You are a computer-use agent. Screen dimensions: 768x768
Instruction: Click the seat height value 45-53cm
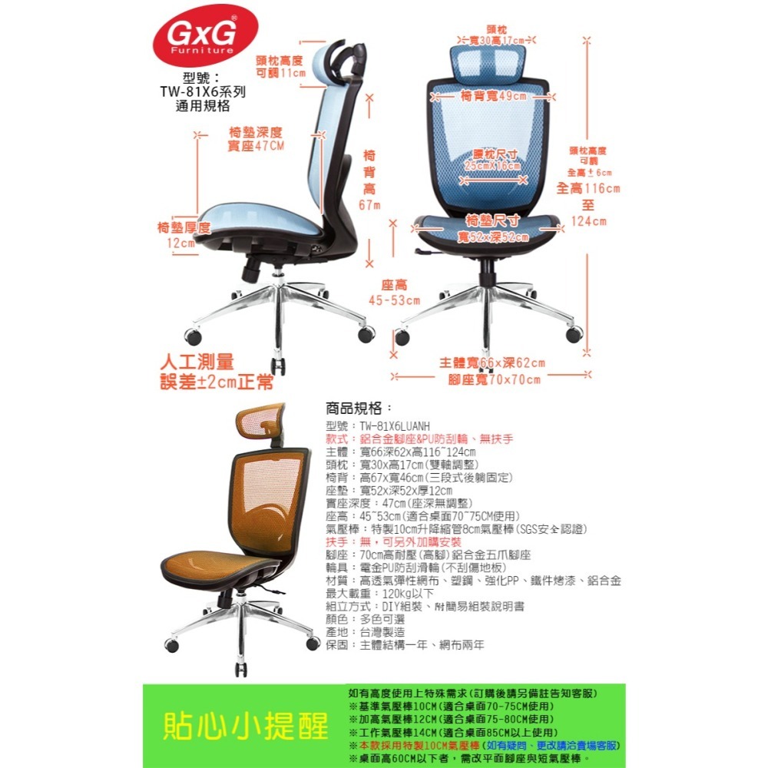395,300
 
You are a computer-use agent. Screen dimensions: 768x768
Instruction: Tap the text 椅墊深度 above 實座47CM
256,131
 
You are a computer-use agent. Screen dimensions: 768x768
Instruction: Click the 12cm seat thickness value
181,243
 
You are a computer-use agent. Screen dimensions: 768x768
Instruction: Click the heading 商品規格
359,407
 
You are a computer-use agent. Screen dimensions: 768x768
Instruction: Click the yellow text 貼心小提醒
245,726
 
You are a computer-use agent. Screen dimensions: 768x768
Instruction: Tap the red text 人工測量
196,361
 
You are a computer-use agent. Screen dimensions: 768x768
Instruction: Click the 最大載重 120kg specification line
379,593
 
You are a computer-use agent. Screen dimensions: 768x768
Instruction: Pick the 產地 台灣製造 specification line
371,631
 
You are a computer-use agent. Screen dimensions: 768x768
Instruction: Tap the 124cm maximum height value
588,222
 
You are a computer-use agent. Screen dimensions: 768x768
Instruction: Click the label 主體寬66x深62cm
492,362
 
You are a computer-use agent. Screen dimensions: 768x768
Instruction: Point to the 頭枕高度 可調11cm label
280,66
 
